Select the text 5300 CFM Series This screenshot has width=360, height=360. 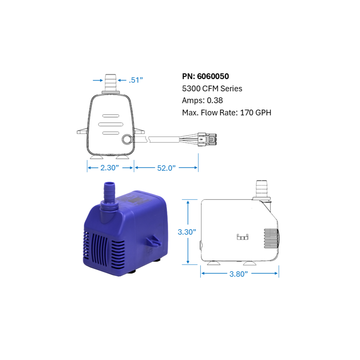(212, 88)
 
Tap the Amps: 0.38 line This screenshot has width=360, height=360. (203, 101)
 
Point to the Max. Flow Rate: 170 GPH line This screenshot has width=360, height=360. (226, 113)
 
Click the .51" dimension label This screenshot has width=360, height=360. (136, 80)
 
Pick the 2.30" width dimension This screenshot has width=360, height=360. (110, 167)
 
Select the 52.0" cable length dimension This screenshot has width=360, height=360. (166, 167)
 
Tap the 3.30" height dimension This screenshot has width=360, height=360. (187, 232)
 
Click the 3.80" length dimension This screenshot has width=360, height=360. (239, 274)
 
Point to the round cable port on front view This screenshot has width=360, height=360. (127, 139)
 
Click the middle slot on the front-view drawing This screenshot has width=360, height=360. (111, 124)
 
